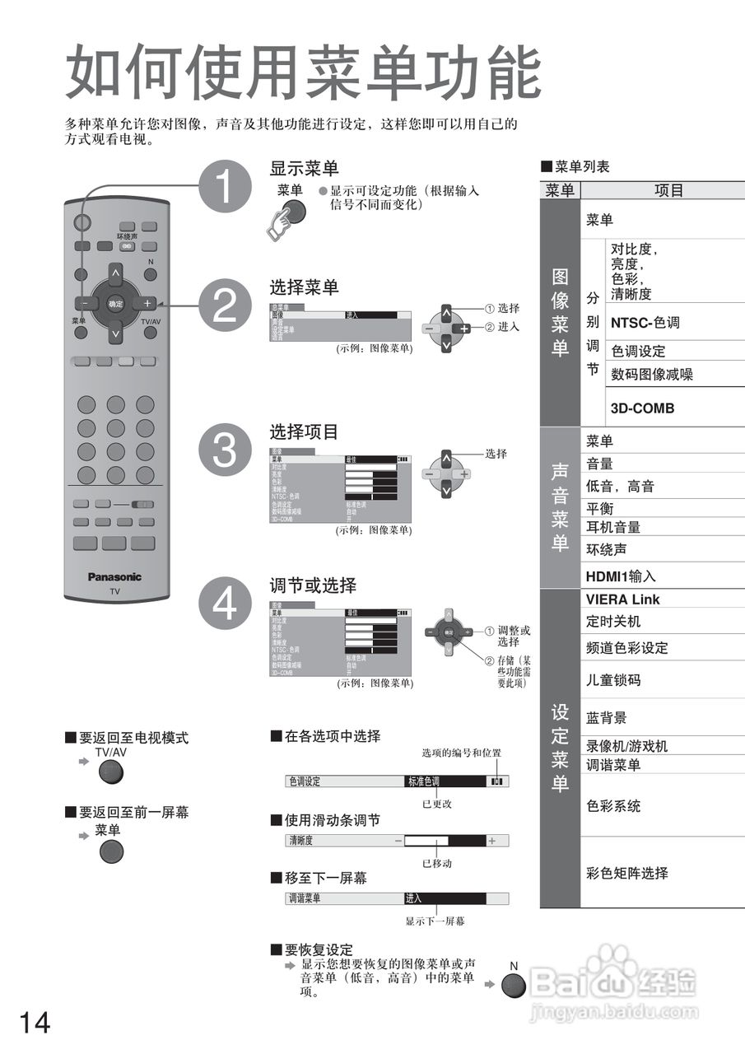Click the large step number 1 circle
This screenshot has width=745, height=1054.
[224, 186]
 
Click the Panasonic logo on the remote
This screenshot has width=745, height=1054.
[115, 576]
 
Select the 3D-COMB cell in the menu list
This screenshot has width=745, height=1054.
[642, 408]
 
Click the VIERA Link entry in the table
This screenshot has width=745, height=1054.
[623, 599]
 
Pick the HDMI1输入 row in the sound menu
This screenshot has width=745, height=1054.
[621, 576]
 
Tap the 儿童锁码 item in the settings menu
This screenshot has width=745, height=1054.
[612, 681]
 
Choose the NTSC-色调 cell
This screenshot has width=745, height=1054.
[645, 323]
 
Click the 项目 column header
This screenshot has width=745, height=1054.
[668, 190]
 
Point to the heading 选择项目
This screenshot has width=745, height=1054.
[304, 431]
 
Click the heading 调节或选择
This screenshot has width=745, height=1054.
[313, 585]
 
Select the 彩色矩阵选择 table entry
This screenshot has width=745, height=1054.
[626, 873]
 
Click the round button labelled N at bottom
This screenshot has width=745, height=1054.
[514, 986]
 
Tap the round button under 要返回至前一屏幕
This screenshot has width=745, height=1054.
[111, 851]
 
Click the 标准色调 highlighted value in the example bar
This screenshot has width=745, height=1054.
[424, 781]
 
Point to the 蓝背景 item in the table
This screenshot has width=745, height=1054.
[606, 718]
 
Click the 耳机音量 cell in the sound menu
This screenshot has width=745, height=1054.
[612, 527]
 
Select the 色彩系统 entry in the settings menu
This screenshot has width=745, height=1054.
[612, 805]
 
